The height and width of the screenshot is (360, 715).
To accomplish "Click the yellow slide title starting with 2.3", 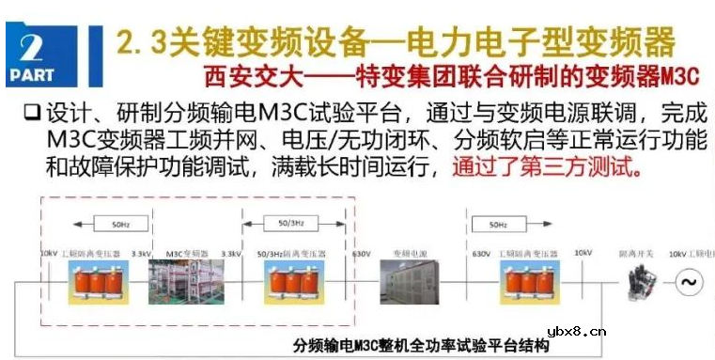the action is (x=395, y=42).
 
